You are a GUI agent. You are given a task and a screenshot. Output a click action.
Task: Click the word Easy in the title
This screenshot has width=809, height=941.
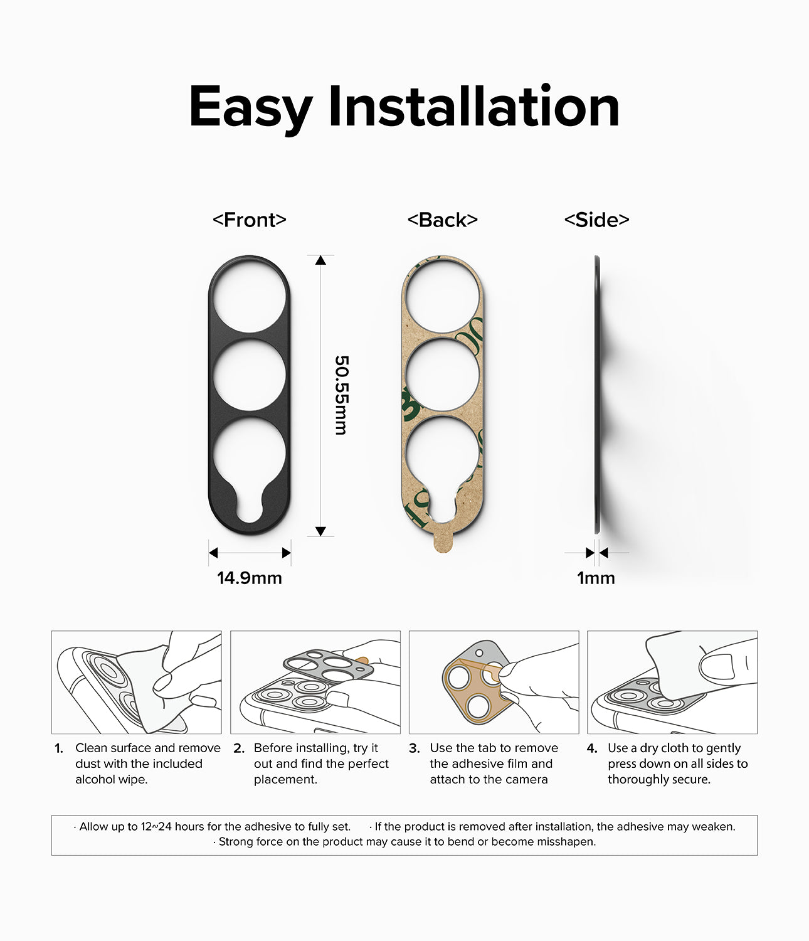tap(250, 108)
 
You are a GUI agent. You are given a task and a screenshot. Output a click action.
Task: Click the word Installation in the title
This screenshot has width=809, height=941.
tap(473, 107)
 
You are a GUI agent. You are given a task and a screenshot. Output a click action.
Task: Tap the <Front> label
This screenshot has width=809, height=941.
tap(249, 220)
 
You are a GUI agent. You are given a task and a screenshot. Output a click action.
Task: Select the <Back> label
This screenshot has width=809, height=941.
tap(442, 220)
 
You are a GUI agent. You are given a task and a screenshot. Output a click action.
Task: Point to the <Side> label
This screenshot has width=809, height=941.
tap(596, 220)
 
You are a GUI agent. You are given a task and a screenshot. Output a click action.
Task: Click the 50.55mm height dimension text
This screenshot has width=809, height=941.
tap(341, 395)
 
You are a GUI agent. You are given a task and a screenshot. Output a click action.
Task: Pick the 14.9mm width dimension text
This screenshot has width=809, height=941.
tap(249, 578)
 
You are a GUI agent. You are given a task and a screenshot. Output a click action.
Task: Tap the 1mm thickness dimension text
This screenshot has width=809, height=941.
tap(596, 578)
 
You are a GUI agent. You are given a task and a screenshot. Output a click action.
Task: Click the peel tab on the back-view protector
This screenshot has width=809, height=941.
tap(443, 542)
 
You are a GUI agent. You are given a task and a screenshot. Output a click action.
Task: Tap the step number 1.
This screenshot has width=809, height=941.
tap(59, 748)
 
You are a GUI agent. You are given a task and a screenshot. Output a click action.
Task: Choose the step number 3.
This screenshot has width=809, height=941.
tap(414, 748)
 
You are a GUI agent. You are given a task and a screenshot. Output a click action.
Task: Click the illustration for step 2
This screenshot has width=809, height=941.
tap(315, 682)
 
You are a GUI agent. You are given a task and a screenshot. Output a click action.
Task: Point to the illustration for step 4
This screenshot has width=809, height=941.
tap(672, 682)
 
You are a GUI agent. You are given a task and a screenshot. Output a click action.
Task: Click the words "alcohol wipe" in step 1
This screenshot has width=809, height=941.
tap(111, 780)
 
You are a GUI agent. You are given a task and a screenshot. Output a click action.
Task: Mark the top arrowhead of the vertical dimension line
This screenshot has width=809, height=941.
tap(320, 260)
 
